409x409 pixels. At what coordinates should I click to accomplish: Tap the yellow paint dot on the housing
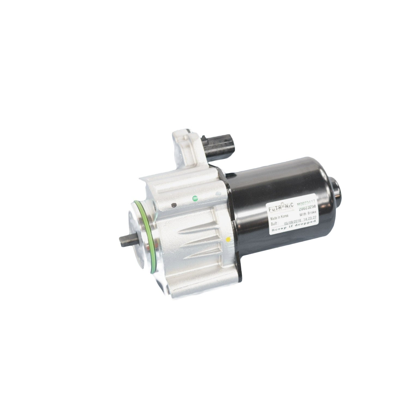click(228, 239)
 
